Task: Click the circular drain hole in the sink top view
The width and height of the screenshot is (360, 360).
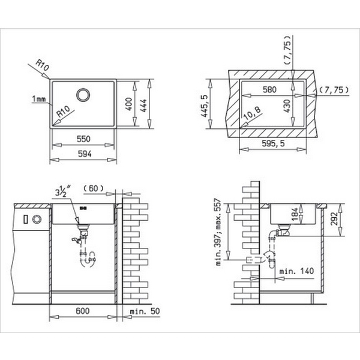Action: (83, 95)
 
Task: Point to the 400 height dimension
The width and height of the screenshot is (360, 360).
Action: (128, 104)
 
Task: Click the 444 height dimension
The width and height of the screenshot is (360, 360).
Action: (143, 104)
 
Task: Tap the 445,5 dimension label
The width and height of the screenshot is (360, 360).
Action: (205, 106)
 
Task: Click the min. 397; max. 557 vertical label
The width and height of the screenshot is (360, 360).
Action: (220, 231)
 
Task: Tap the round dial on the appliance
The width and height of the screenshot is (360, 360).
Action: (36, 219)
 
